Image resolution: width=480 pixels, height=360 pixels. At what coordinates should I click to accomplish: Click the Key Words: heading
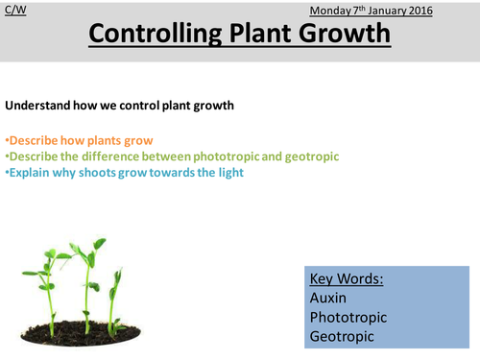347,279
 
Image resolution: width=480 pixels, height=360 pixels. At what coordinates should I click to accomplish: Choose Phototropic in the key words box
349,319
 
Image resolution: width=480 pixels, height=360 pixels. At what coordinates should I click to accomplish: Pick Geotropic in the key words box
343,338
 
